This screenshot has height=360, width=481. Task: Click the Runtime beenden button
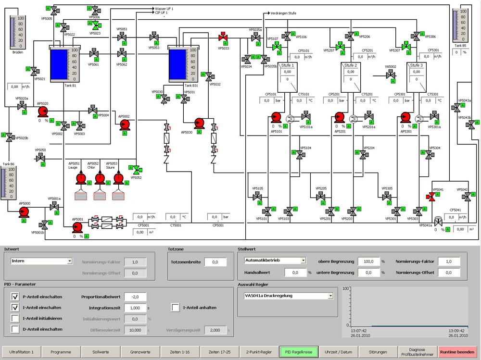click(x=457, y=352)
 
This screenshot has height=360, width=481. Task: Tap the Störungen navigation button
click(x=378, y=352)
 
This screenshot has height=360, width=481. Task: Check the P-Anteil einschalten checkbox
click(x=15, y=297)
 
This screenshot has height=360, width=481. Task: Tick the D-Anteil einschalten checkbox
click(x=15, y=329)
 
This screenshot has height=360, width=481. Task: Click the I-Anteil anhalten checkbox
click(x=176, y=308)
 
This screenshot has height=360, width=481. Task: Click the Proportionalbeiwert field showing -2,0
click(x=135, y=297)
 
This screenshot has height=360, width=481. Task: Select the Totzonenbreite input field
click(x=215, y=262)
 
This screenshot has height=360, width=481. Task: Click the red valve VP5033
click(x=224, y=37)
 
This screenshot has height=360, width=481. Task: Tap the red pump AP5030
click(x=200, y=123)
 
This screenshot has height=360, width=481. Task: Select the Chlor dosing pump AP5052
click(x=100, y=179)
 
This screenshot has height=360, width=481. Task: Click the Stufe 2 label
click(x=351, y=65)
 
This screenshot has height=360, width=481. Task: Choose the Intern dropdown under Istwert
click(x=41, y=261)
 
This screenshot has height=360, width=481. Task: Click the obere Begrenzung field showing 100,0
click(x=368, y=261)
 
